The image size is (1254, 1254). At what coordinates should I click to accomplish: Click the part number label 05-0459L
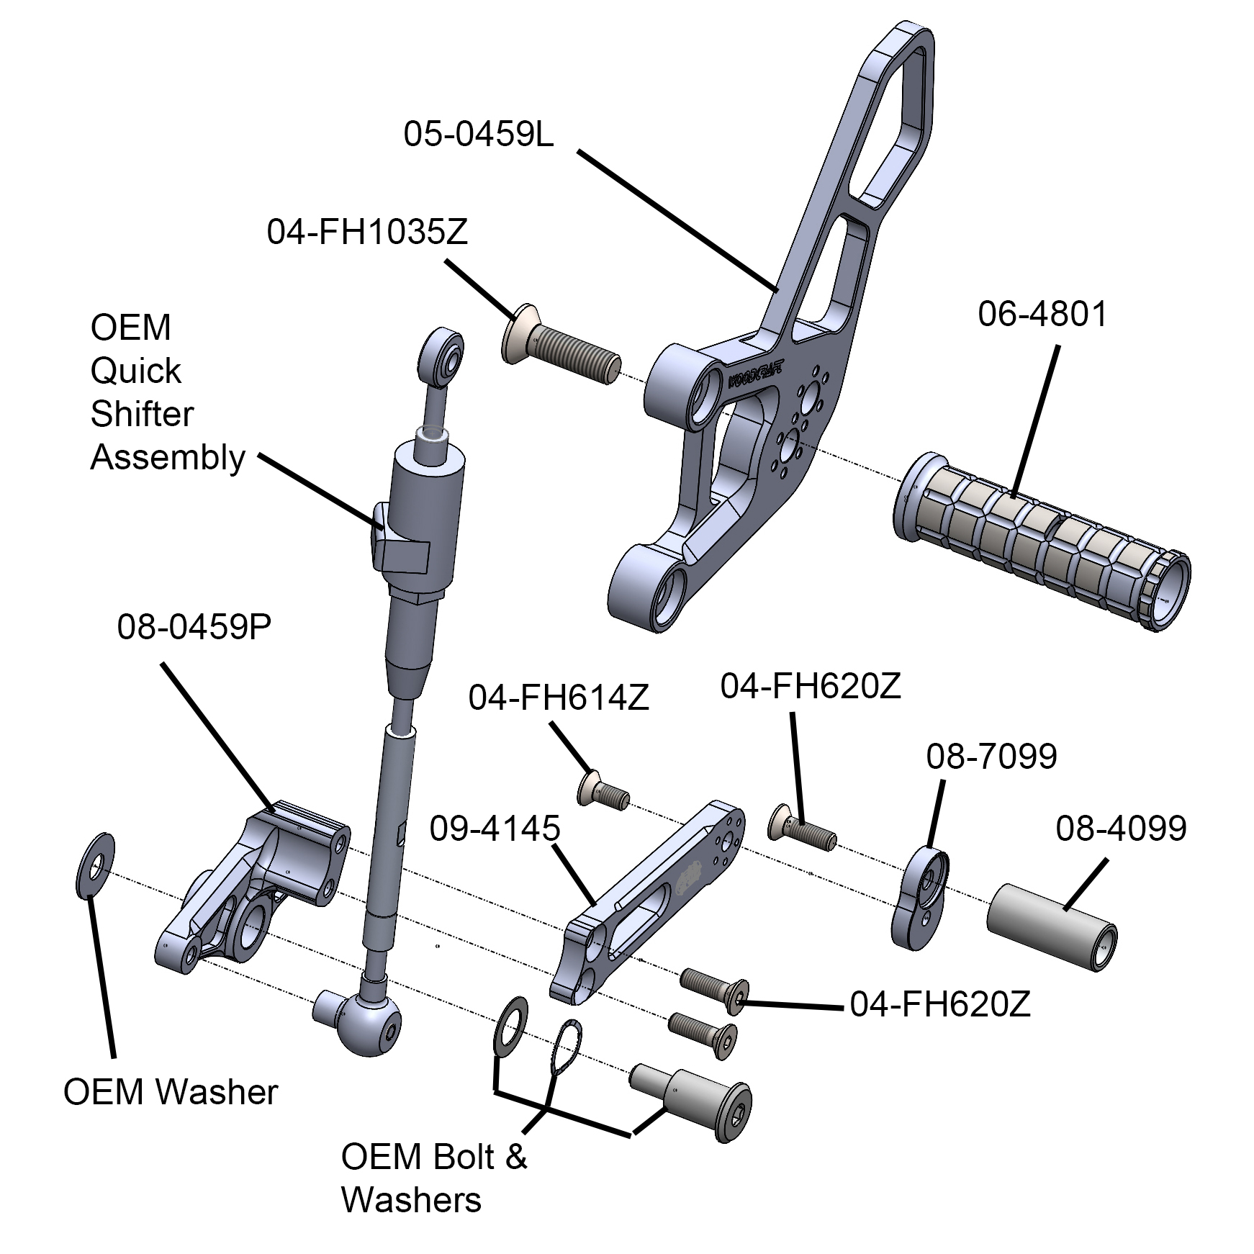click(x=478, y=135)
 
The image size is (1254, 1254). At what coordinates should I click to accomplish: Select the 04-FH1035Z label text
click(x=367, y=233)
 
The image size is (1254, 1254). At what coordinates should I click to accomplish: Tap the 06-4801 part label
click(x=1042, y=314)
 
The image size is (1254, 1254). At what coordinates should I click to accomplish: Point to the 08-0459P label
click(x=194, y=627)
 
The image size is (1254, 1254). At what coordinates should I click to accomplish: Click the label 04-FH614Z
click(x=559, y=698)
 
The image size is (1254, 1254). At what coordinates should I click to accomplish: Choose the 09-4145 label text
click(x=495, y=829)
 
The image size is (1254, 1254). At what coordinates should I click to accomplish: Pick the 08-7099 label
click(x=991, y=756)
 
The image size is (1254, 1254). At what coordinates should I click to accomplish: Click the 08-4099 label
click(x=1121, y=829)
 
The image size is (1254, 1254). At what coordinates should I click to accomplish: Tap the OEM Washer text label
click(x=171, y=1091)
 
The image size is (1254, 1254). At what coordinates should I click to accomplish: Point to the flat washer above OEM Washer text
click(x=95, y=866)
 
